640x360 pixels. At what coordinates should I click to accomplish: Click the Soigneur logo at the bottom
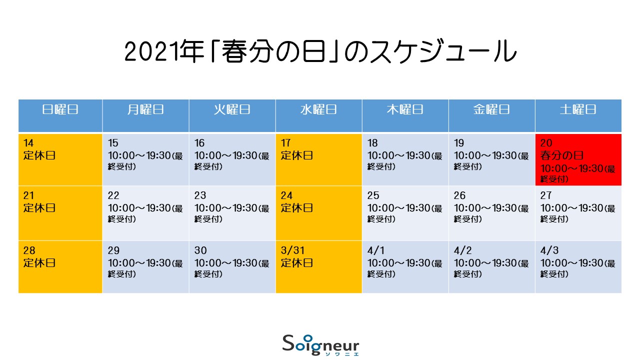[320, 345]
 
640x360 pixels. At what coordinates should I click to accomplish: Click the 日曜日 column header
[60, 109]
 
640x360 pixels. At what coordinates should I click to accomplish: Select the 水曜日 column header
[318, 109]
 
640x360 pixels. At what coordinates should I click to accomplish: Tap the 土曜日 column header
[578, 109]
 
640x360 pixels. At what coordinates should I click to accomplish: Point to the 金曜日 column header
[491, 109]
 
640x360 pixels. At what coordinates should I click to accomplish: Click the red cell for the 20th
[578, 159]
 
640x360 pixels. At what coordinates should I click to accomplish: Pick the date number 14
[28, 143]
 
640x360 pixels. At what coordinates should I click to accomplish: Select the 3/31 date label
[292, 250]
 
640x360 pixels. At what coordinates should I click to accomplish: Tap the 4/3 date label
[549, 250]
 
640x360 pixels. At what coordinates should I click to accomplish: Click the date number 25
[373, 195]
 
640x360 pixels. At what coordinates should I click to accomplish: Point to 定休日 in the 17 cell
[297, 155]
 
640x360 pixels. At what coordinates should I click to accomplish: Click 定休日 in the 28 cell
[39, 263]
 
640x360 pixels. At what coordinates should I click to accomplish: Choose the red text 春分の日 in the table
[561, 155]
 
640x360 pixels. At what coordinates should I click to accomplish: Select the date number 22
[113, 195]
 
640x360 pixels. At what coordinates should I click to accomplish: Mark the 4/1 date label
[376, 250]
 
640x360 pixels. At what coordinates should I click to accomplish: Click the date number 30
[200, 250]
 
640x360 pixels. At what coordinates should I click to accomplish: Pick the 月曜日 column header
[145, 109]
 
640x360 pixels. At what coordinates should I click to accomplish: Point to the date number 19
[459, 143]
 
